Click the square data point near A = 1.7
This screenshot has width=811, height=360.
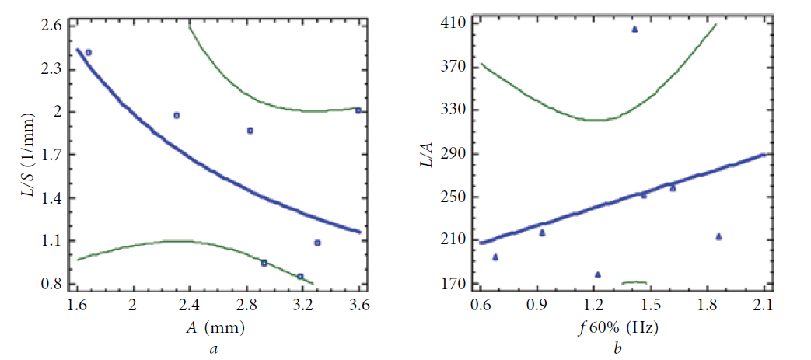point(89,53)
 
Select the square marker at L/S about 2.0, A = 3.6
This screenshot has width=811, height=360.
point(358,110)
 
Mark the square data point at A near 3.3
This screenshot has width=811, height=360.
point(317,243)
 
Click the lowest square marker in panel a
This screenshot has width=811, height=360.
point(300,276)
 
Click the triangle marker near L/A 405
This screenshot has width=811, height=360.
point(634,30)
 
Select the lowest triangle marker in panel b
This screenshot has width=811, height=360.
point(597,274)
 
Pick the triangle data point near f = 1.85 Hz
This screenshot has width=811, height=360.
point(718,236)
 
